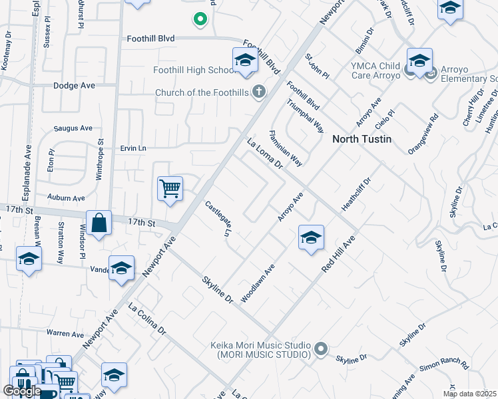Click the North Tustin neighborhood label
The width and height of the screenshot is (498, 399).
coord(362,139)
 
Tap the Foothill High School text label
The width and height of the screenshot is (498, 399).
coord(192,70)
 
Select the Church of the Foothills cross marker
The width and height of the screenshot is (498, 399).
coord(259,92)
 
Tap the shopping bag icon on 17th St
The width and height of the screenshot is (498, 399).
coord(99,224)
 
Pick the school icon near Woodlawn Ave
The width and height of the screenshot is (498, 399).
coord(311,238)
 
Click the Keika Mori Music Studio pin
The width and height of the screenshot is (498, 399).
coord(322,349)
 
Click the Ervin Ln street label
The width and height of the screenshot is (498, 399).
coord(132,148)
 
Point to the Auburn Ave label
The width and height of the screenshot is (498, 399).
coord(66,198)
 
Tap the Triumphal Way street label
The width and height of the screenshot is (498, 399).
coord(306,116)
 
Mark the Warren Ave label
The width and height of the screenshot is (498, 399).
coord(65,332)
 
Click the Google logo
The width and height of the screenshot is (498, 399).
coord(22,390)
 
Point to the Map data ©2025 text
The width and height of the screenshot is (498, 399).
coord(469,394)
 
